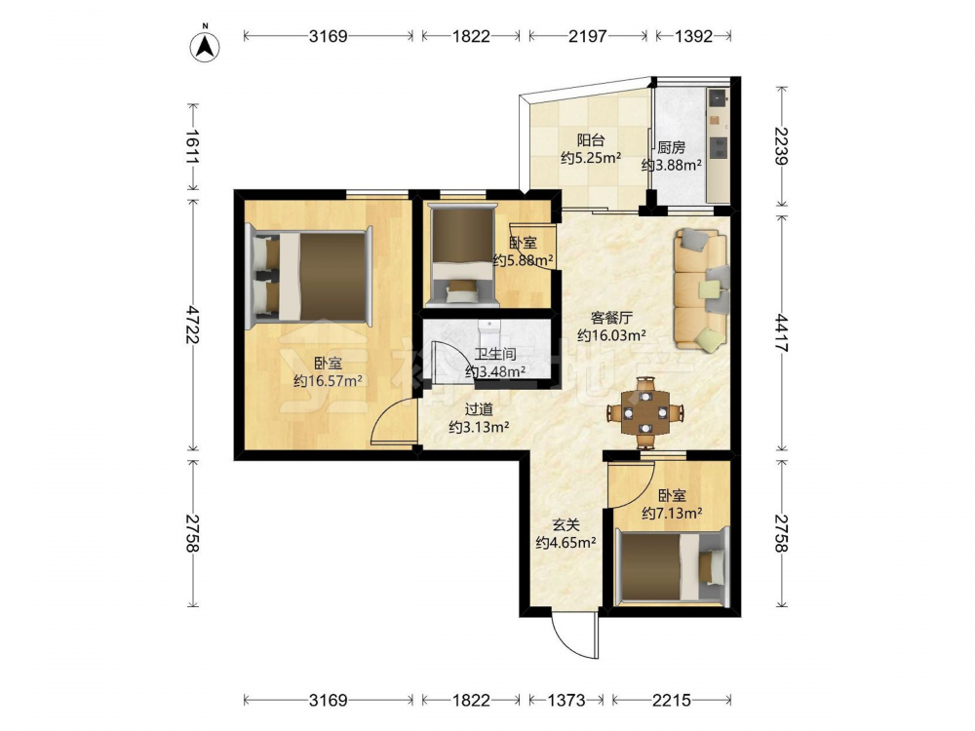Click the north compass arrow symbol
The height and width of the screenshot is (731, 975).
click(205, 45)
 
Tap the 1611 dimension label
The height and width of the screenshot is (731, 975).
click(191, 147)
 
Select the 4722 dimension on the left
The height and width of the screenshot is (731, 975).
click(191, 325)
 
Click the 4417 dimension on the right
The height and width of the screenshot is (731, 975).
click(781, 334)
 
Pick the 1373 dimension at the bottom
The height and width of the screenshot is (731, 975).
click(566, 701)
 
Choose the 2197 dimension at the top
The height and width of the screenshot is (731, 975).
click(588, 36)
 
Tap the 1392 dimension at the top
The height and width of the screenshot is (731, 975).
click(693, 36)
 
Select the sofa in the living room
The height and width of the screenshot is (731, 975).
click(701, 290)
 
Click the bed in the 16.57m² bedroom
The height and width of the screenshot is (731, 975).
click(311, 276)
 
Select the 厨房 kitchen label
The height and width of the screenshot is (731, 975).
click(672, 148)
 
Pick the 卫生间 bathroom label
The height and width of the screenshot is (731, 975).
click(495, 355)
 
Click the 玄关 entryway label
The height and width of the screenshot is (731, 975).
click(565, 526)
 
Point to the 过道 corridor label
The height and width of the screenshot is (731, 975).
click(479, 409)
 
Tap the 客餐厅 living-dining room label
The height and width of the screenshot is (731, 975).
click(611, 319)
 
